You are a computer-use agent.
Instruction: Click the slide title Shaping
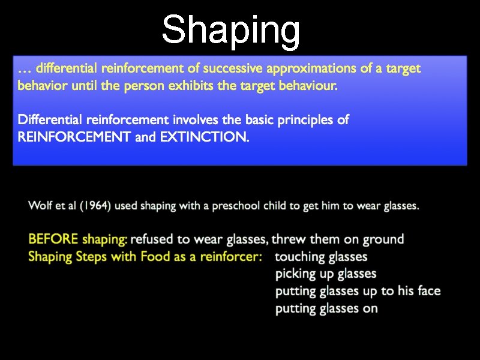coord(231,30)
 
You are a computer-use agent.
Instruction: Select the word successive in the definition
coord(220,68)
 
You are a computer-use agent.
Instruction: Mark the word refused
coord(151,239)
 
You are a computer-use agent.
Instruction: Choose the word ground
coord(382,239)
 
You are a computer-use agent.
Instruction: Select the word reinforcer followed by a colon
coord(230,257)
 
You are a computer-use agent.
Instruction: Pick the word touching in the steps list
coord(299,257)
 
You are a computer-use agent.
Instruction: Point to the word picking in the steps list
coord(295,274)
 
